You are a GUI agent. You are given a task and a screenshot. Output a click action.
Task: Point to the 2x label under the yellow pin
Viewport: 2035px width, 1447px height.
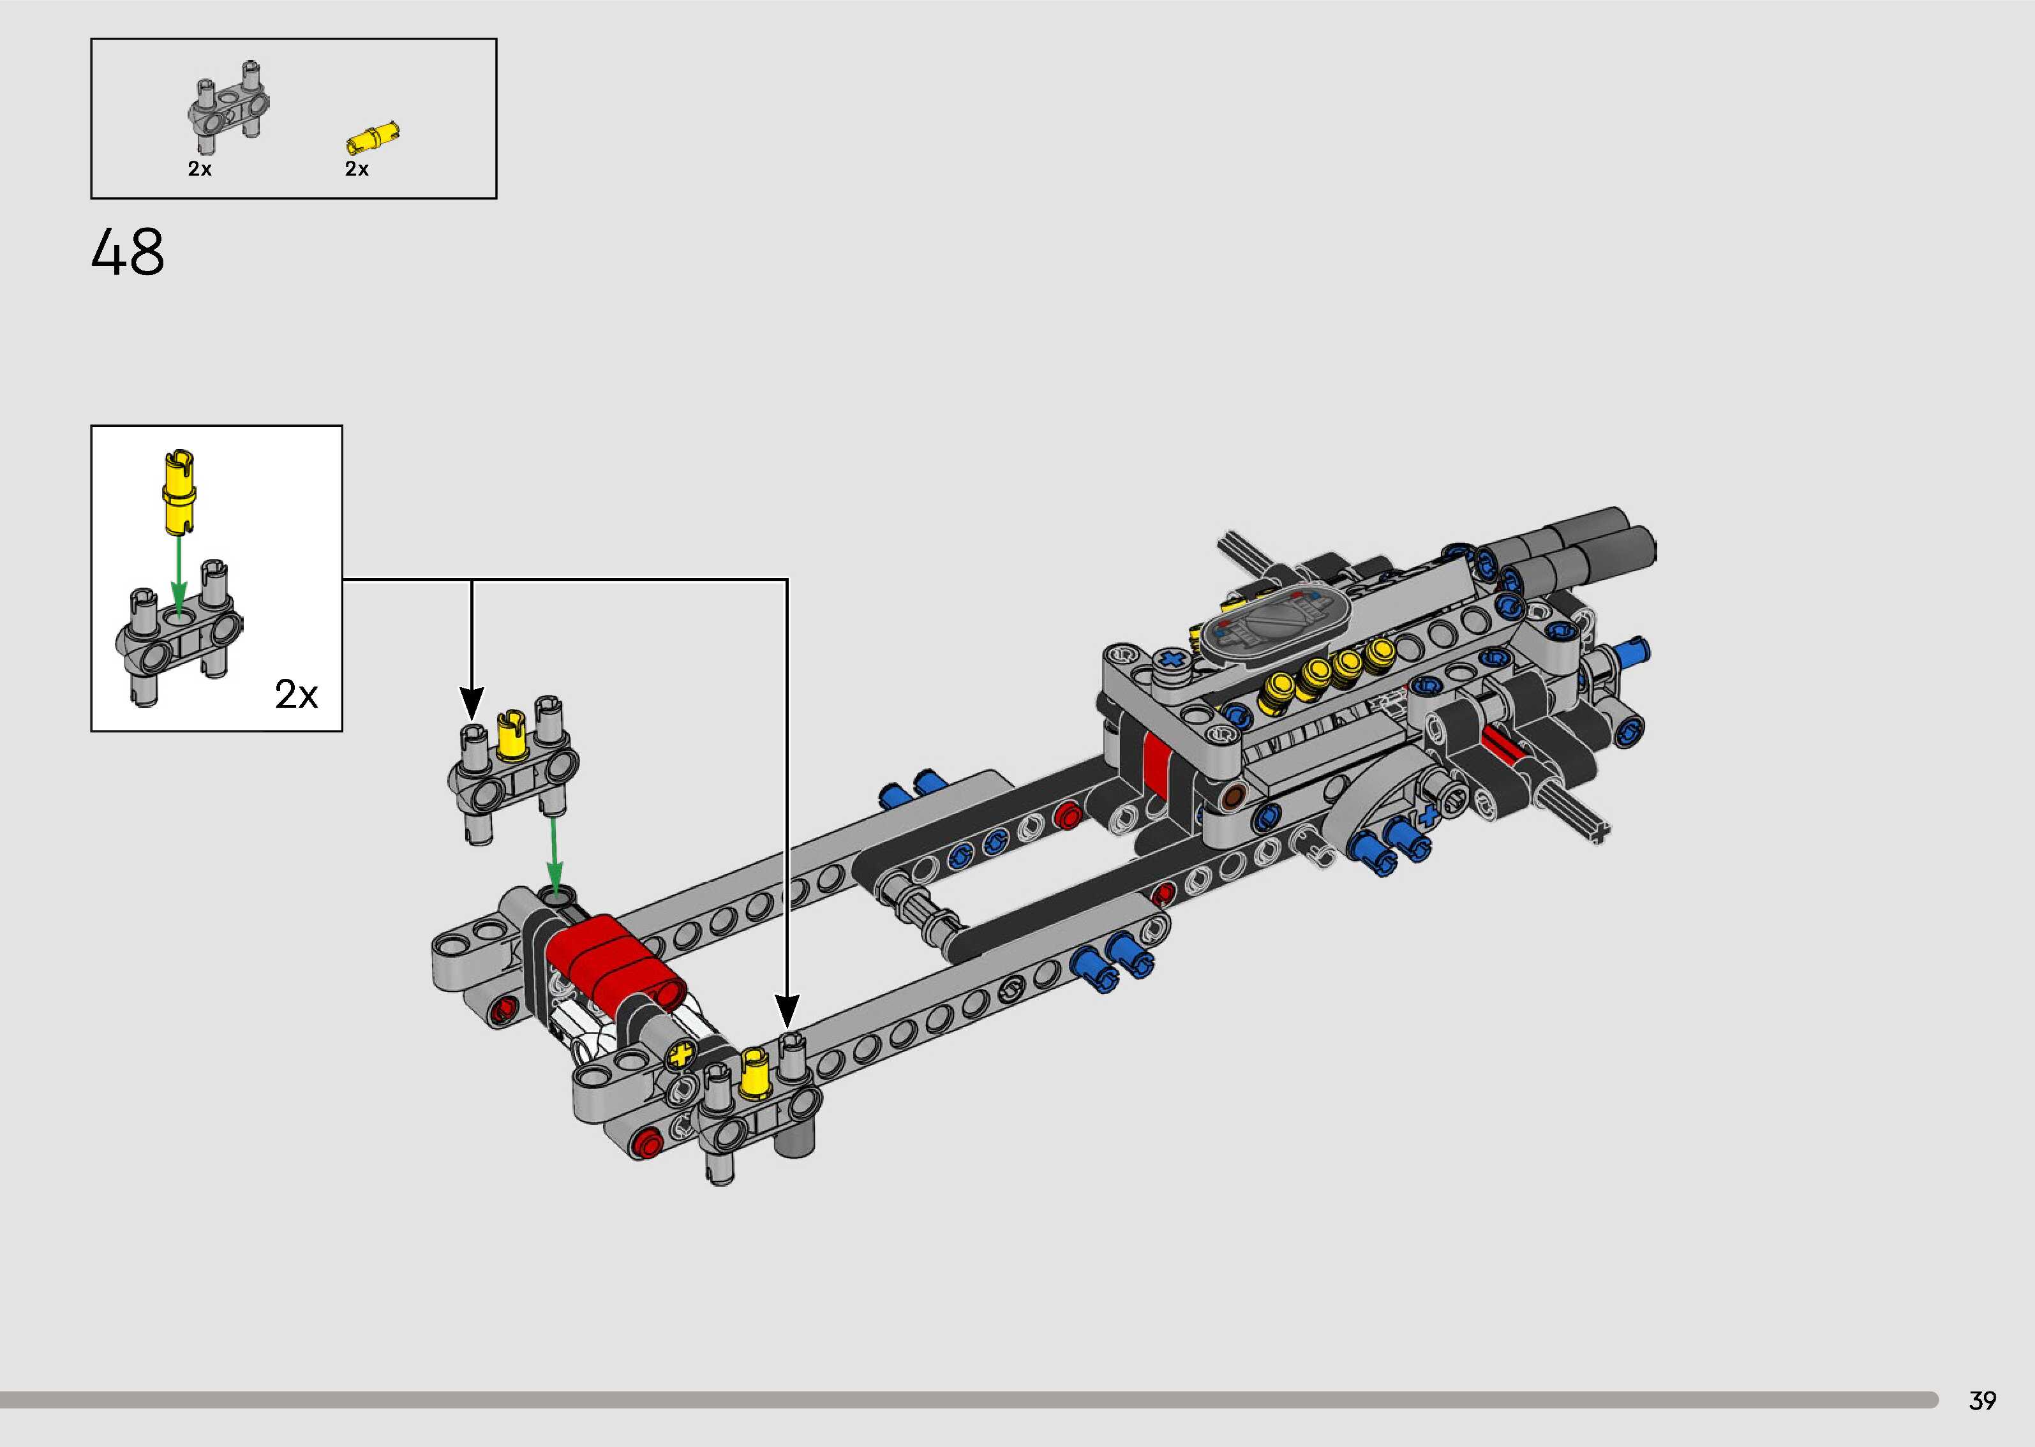point(356,168)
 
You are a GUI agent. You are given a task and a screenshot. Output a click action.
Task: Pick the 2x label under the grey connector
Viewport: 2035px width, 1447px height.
point(200,168)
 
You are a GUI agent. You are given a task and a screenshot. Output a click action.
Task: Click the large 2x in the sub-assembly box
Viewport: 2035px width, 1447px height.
point(296,694)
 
